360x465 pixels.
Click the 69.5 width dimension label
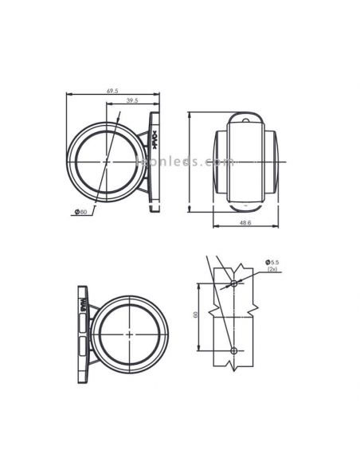pos(112,92)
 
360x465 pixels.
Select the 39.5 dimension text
pos(132,101)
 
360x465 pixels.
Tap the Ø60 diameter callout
pos(80,211)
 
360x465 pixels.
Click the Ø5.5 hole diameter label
pos(273,262)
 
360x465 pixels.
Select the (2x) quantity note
pos(273,270)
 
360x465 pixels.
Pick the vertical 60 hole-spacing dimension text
pos(194,316)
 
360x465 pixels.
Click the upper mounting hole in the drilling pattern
pos(233,283)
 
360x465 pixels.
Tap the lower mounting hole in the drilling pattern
pos(233,350)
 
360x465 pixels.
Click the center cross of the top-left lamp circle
pos(106,161)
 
